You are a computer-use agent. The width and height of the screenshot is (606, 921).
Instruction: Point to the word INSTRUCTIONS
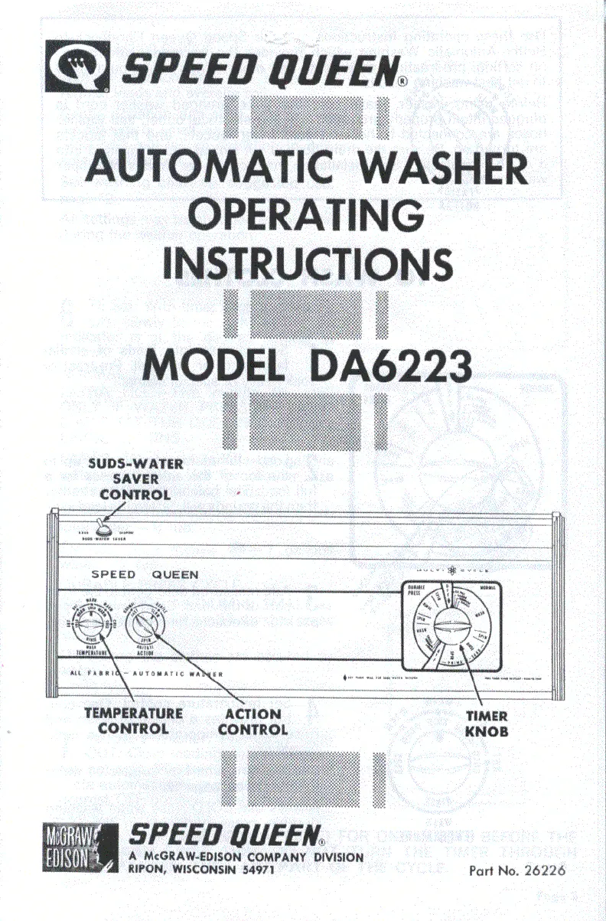click(x=306, y=263)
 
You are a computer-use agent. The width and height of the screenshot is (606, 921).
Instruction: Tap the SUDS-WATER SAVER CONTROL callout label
click(x=135, y=478)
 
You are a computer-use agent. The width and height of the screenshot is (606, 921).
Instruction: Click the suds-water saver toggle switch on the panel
click(x=100, y=527)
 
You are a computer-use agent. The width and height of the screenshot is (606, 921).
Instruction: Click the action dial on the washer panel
click(x=142, y=627)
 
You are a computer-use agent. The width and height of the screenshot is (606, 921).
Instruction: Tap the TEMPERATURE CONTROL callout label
click(x=133, y=720)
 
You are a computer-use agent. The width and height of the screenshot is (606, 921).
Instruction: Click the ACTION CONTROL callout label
click(x=252, y=721)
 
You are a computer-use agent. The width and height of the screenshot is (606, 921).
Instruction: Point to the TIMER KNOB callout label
click(x=486, y=723)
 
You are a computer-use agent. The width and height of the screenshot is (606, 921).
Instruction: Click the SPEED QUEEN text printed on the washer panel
click(x=145, y=574)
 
